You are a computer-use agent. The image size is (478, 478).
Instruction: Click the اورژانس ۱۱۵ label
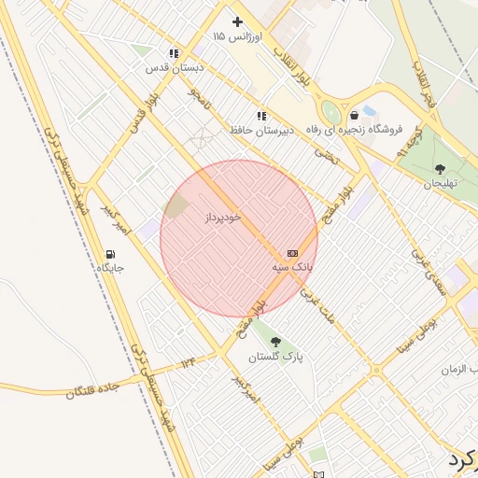click(238, 35)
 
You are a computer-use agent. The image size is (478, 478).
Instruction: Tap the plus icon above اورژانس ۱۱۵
click(238, 21)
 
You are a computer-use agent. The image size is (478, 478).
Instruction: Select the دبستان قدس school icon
click(174, 54)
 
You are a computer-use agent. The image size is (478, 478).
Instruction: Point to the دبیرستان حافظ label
click(262, 130)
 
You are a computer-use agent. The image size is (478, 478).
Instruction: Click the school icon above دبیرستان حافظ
click(261, 116)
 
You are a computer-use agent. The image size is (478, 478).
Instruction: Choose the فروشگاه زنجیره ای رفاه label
click(351, 130)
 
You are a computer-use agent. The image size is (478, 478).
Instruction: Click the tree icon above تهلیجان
click(440, 169)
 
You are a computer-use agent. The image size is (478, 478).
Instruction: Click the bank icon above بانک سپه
click(292, 253)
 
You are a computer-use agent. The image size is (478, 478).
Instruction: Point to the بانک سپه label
click(292, 267)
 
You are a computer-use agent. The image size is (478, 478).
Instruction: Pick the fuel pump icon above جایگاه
click(110, 254)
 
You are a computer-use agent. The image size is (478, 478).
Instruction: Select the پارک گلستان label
click(275, 357)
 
